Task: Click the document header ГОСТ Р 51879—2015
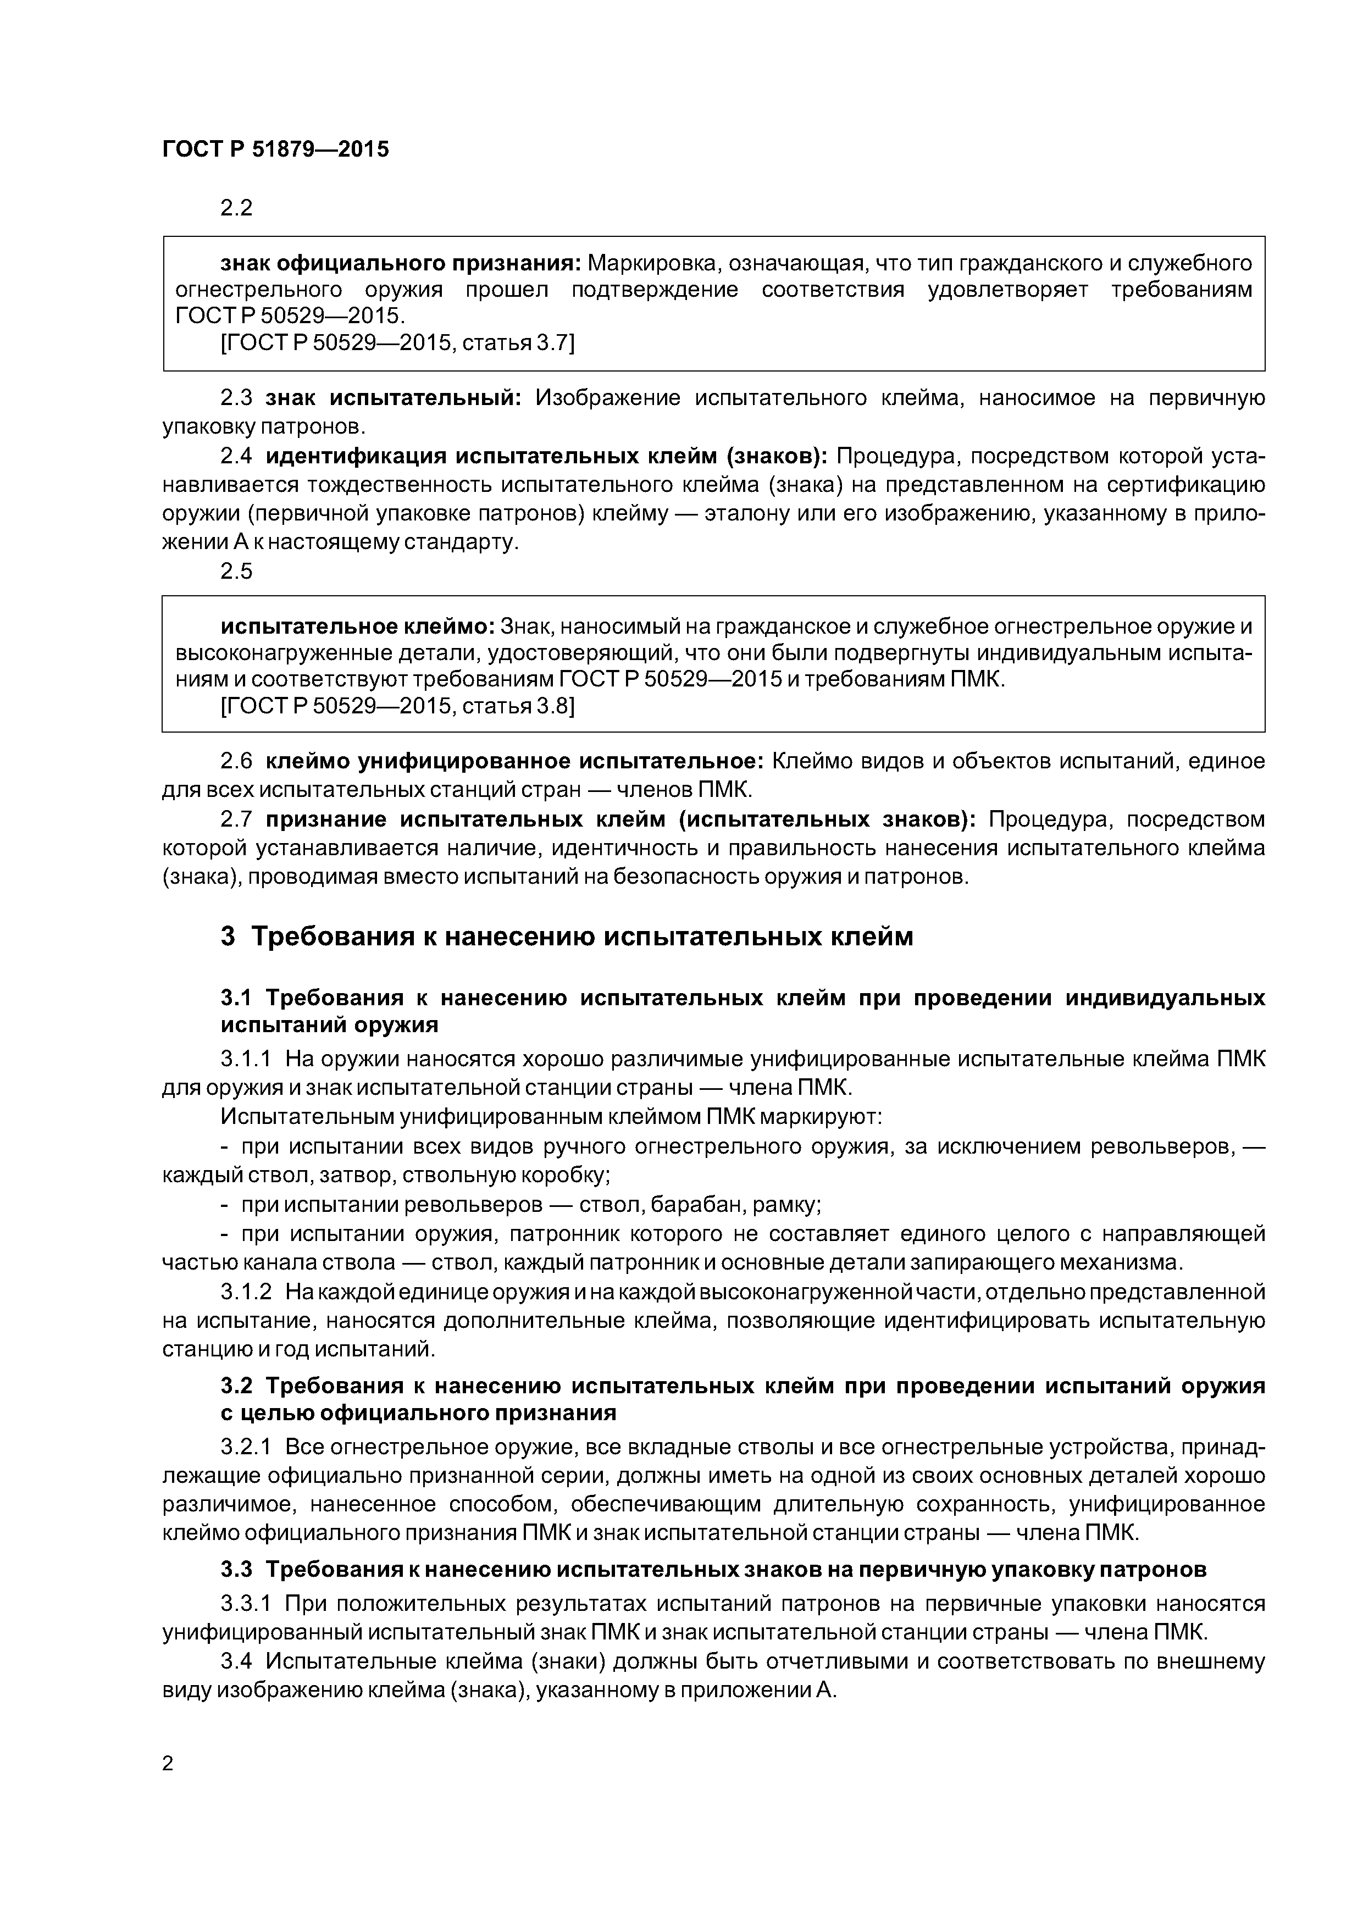[275, 149]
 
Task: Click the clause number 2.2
[236, 207]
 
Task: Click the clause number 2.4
[236, 456]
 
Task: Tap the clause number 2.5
[236, 571]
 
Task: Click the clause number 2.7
[236, 819]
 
